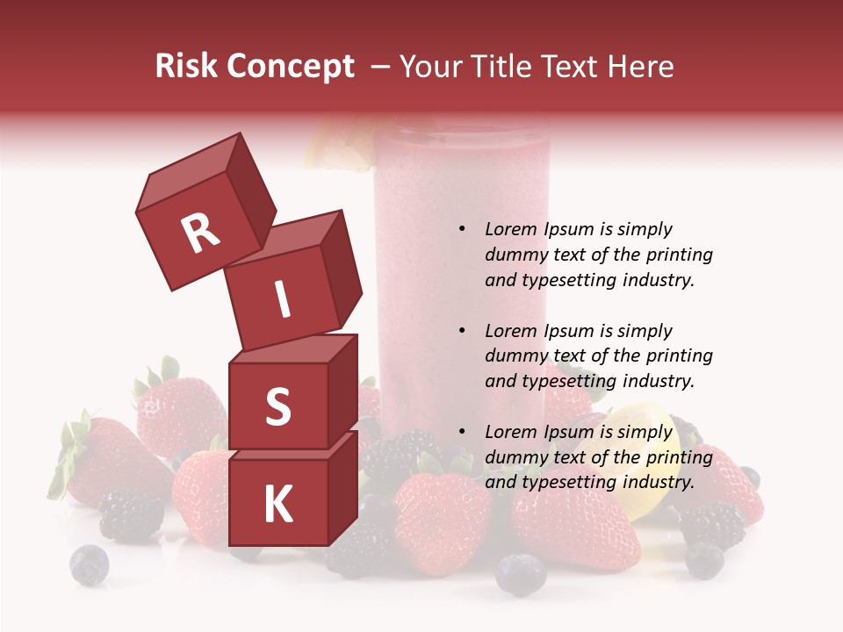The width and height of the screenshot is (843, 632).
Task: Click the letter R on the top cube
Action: [x=200, y=233]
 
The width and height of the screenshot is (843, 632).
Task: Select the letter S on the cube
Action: [x=277, y=407]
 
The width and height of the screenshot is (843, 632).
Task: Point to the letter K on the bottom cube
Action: [x=277, y=505]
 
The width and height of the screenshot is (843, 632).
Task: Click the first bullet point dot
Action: [x=462, y=230]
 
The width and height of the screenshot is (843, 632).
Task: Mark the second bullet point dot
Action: [x=462, y=331]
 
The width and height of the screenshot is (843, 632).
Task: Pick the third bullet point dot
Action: [x=462, y=432]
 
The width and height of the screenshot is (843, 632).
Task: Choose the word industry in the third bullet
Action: [x=659, y=482]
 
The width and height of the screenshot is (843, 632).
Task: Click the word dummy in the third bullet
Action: [x=514, y=457]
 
